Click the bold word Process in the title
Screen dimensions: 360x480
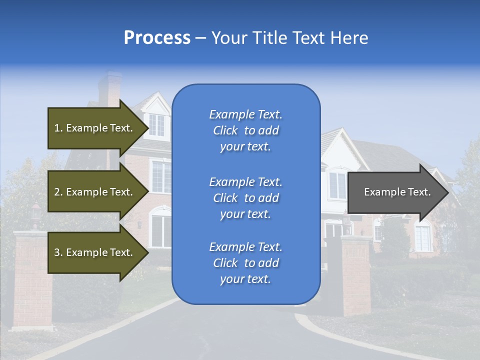coord(157,37)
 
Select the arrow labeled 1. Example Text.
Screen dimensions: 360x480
coord(93,128)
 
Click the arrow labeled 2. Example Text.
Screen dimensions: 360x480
coord(93,192)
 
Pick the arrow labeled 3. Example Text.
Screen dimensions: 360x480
coord(93,252)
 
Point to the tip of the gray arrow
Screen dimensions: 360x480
coord(447,192)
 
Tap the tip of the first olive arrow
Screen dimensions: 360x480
coord(147,128)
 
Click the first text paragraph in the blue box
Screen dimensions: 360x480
coord(245,130)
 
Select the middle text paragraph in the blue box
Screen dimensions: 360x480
coord(245,198)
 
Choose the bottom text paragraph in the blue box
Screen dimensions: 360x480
coord(245,263)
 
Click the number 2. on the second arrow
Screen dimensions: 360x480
coord(58,192)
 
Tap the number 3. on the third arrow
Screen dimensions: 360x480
coord(58,252)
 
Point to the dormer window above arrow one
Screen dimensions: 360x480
coord(156,124)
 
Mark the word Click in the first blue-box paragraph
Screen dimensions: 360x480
coord(225,130)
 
